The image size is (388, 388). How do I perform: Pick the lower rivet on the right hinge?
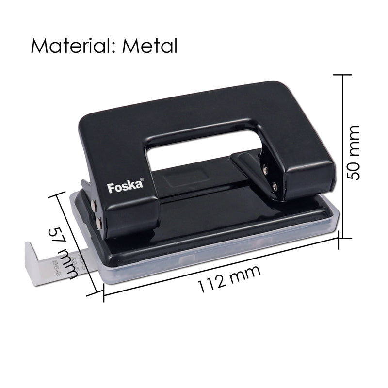pos(275,184)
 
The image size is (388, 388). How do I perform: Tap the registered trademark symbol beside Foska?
pos(142,180)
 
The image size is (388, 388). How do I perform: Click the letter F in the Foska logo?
pos(110,188)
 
